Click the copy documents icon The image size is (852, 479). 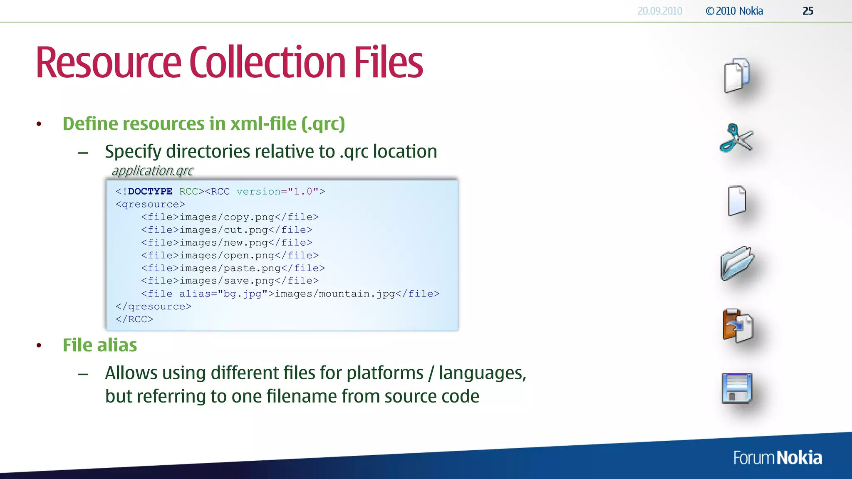pyautogui.click(x=737, y=76)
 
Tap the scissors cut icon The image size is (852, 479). pyautogui.click(x=736, y=138)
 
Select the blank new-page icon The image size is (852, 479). pyautogui.click(x=737, y=201)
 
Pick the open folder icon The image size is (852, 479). pyautogui.click(x=737, y=263)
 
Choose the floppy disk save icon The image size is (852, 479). pyautogui.click(x=737, y=388)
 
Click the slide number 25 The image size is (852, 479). pyautogui.click(x=808, y=11)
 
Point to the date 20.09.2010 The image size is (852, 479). pyautogui.click(x=660, y=11)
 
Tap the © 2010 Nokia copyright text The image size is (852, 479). pyautogui.click(x=734, y=11)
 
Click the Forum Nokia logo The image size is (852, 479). pyautogui.click(x=778, y=458)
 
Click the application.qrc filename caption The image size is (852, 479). pyautogui.click(x=153, y=170)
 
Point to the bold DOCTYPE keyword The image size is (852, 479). pyautogui.click(x=150, y=191)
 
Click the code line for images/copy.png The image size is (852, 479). pyautogui.click(x=230, y=217)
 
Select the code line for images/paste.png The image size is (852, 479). pyautogui.click(x=233, y=268)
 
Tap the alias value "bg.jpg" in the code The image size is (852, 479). pyautogui.click(x=243, y=294)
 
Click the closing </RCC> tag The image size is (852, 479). pyautogui.click(x=134, y=319)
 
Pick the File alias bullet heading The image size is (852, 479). pyautogui.click(x=100, y=345)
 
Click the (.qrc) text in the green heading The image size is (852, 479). pyautogui.click(x=323, y=124)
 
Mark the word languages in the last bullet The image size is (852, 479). pyautogui.click(x=482, y=373)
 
